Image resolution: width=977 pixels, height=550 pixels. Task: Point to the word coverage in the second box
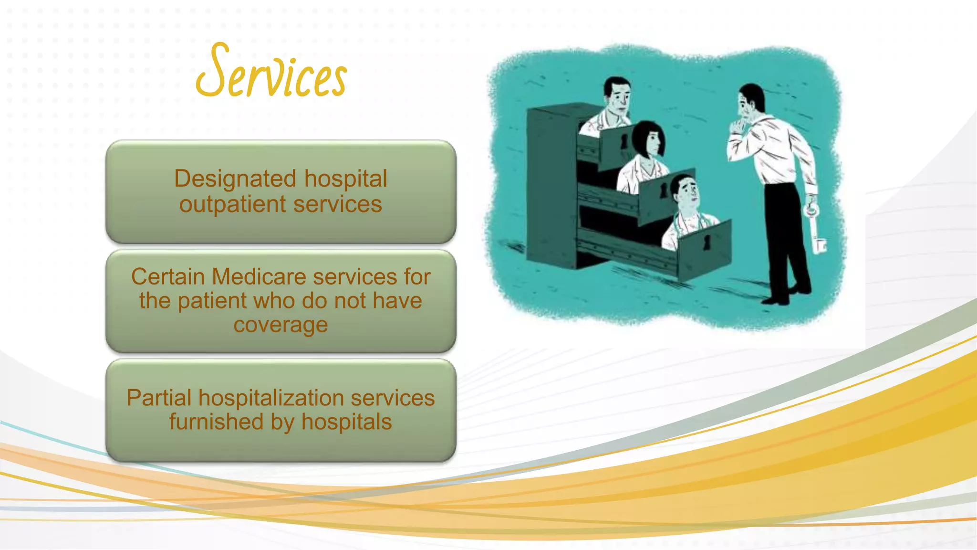(x=281, y=325)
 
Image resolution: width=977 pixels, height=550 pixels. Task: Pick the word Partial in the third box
(x=159, y=398)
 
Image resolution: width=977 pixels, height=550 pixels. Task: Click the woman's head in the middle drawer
(x=648, y=139)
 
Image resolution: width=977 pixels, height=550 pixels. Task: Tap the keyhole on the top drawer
(x=624, y=141)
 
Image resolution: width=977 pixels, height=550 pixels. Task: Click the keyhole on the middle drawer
(x=664, y=190)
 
